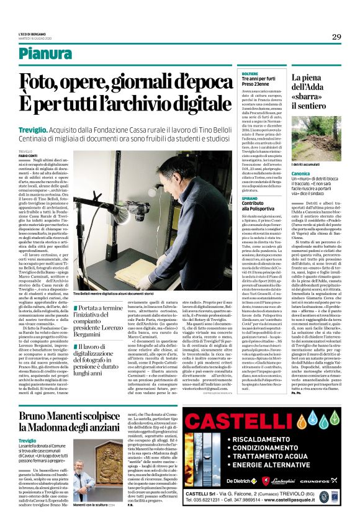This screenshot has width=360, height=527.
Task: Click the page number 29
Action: (x=336, y=37)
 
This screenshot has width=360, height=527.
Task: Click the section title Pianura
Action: (x=63, y=55)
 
